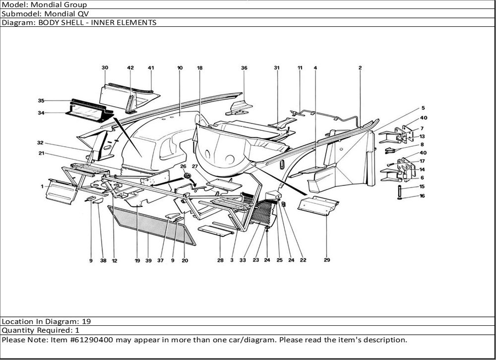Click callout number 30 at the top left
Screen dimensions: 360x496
click(x=105, y=67)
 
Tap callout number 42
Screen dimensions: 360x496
click(x=130, y=67)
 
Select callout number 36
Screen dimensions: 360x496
click(x=244, y=67)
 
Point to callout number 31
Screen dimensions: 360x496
click(x=277, y=67)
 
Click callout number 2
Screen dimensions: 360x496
click(x=360, y=67)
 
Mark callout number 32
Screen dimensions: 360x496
click(x=40, y=143)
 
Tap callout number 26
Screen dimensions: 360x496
click(x=183, y=166)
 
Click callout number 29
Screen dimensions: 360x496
click(x=327, y=259)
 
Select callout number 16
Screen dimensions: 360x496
click(x=422, y=196)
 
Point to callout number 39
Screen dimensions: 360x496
click(x=148, y=260)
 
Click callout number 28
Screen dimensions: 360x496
click(x=220, y=260)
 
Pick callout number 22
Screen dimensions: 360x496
click(x=303, y=260)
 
